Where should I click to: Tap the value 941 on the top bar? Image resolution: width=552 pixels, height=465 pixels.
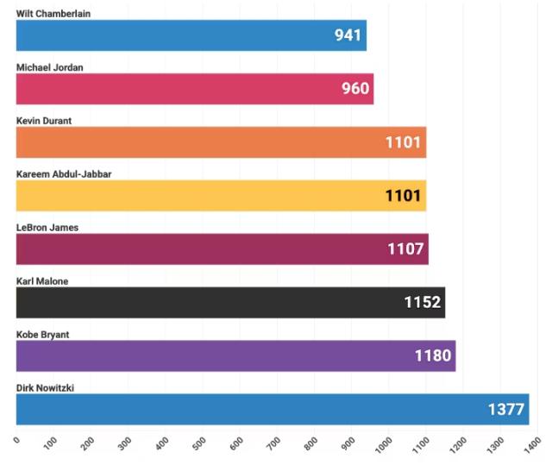coord(349,35)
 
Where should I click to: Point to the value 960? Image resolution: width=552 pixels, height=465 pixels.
coord(354,89)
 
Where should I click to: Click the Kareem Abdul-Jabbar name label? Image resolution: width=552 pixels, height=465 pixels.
coord(64,174)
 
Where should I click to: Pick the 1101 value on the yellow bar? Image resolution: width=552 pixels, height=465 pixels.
coord(404,196)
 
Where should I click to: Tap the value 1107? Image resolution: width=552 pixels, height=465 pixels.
coord(405,249)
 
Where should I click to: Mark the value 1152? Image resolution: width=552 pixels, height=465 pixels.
coord(423,303)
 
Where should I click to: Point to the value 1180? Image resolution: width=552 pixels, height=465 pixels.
coord(433,356)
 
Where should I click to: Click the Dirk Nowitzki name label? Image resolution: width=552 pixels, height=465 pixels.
coord(45,388)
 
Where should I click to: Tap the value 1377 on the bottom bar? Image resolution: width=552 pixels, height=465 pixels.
coord(506,410)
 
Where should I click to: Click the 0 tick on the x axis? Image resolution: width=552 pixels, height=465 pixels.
coord(16,440)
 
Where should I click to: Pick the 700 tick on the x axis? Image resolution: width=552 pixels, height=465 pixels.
coord(273,444)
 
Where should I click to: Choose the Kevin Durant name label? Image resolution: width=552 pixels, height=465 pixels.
coord(44,121)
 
